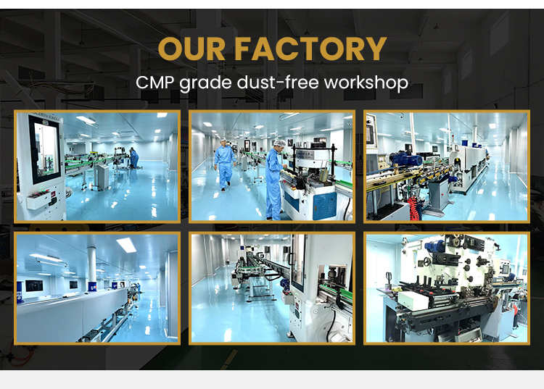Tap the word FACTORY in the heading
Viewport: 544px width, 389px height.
[310, 49]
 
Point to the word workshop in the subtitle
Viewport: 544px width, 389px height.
[366, 83]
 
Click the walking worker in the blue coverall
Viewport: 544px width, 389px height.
[224, 164]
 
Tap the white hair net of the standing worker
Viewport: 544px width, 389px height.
[279, 143]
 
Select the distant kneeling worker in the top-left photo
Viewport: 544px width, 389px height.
[133, 158]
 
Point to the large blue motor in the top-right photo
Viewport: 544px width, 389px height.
[406, 159]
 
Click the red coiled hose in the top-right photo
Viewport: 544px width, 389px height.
[412, 207]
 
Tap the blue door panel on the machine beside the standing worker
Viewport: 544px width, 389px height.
[324, 206]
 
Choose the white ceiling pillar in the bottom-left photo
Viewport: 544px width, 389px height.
[91, 264]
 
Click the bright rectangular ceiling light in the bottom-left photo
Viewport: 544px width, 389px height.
[126, 245]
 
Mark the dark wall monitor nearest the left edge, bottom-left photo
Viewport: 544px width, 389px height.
[34, 285]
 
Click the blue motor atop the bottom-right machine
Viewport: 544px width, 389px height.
[434, 246]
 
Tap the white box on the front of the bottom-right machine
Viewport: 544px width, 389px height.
[413, 301]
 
